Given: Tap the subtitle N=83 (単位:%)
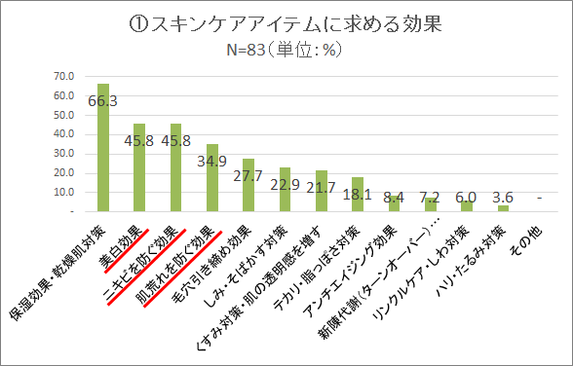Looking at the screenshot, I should click(x=286, y=50).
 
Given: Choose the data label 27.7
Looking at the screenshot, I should click(x=249, y=175).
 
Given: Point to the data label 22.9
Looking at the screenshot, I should click(x=286, y=184).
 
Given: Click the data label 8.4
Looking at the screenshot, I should click(x=395, y=196).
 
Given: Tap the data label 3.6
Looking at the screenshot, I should click(x=504, y=196).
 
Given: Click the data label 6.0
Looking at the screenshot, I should click(x=468, y=196).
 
